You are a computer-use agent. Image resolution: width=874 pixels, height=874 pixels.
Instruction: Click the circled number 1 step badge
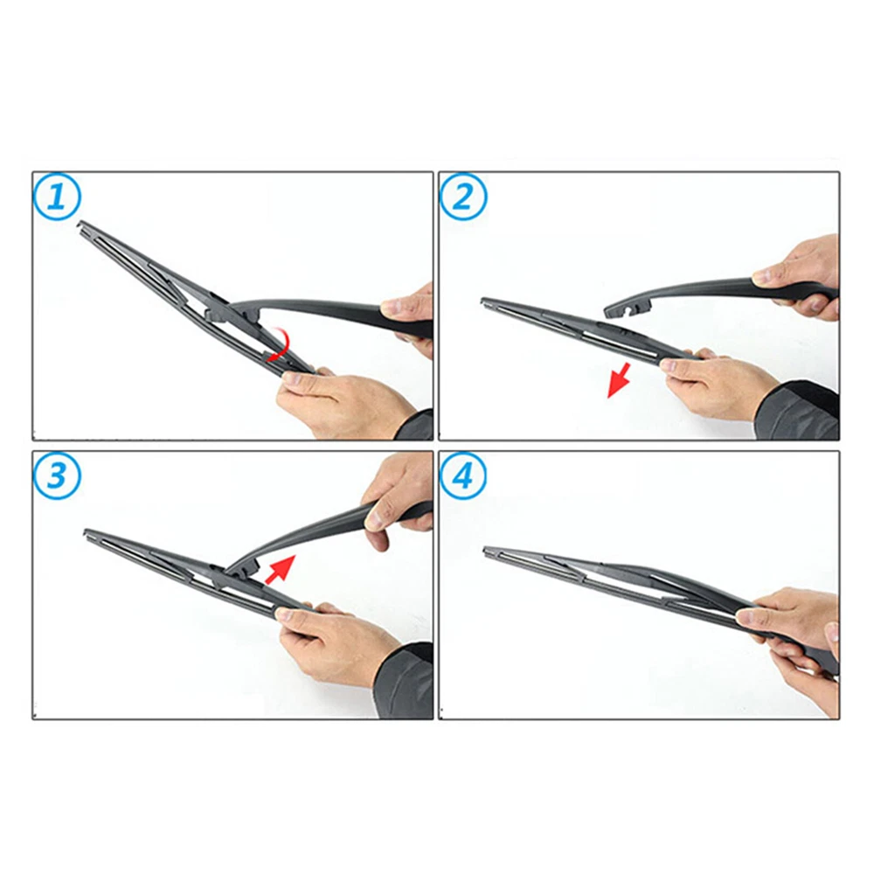coord(58,197)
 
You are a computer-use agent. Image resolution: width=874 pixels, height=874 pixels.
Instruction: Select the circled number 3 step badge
coord(58,475)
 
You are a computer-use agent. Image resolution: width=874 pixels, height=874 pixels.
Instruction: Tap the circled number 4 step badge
coord(463,476)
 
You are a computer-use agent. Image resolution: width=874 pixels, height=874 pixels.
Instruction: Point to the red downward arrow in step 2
coord(619,380)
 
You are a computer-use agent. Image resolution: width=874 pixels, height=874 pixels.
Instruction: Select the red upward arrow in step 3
coord(280,570)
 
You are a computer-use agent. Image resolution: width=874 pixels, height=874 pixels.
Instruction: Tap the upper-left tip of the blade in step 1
coord(80,224)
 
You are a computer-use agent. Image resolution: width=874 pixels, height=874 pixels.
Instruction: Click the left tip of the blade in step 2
coord(482,302)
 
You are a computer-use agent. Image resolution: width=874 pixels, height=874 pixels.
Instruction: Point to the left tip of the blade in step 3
coord(86,531)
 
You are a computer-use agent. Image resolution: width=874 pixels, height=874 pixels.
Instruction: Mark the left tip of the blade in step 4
coord(485,550)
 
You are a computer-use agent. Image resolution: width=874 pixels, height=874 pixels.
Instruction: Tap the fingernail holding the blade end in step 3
coord(285,614)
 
